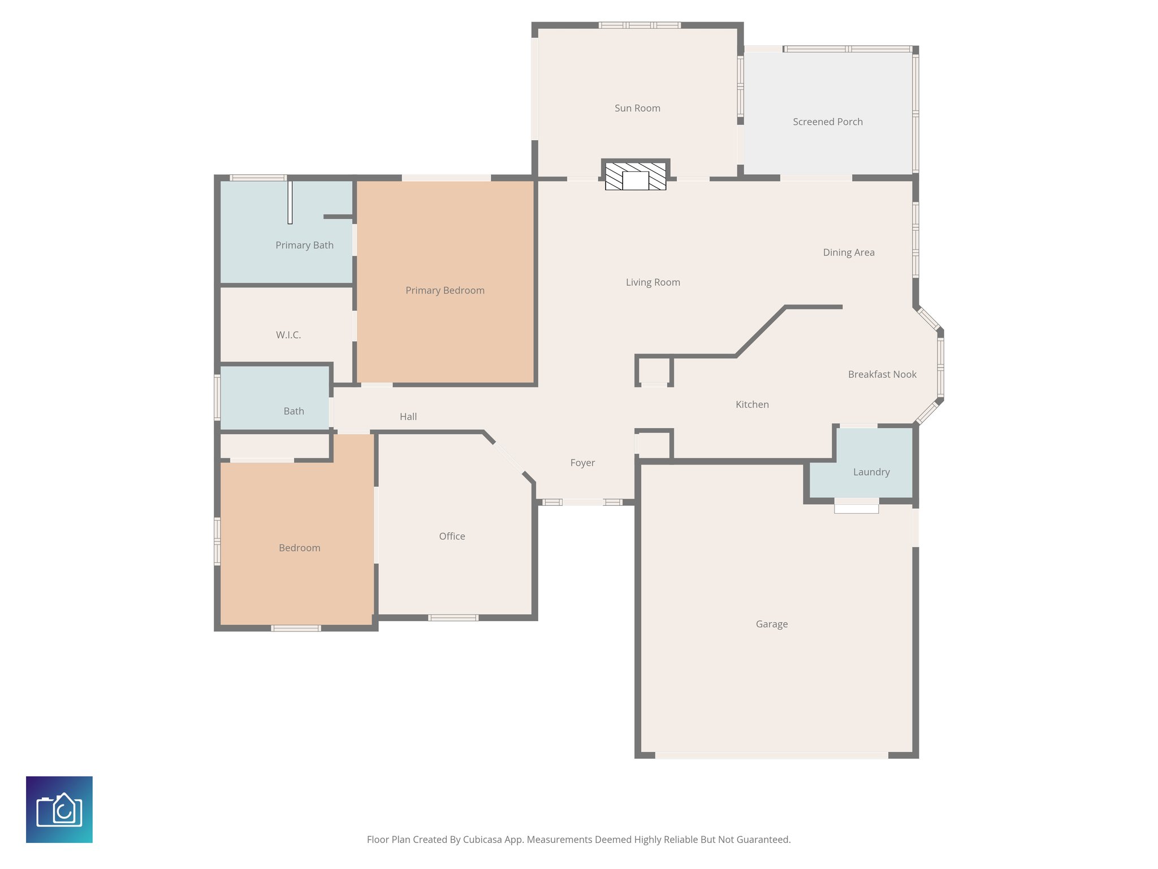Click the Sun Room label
tap(637, 108)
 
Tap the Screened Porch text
tap(827, 122)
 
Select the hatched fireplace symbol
tap(636, 176)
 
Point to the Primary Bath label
tap(304, 245)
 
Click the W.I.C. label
tap(288, 335)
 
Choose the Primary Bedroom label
tap(445, 290)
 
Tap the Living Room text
tap(653, 282)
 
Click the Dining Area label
tap(848, 252)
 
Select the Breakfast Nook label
tap(882, 374)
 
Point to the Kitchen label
tap(752, 405)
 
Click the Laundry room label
tap(871, 472)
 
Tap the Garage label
tap(771, 624)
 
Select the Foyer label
tap(582, 463)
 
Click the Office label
tap(452, 536)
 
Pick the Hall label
tap(408, 417)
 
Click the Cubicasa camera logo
tap(59, 810)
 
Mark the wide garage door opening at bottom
tap(771, 755)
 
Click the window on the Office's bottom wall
tap(453, 617)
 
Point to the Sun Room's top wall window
tap(640, 25)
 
